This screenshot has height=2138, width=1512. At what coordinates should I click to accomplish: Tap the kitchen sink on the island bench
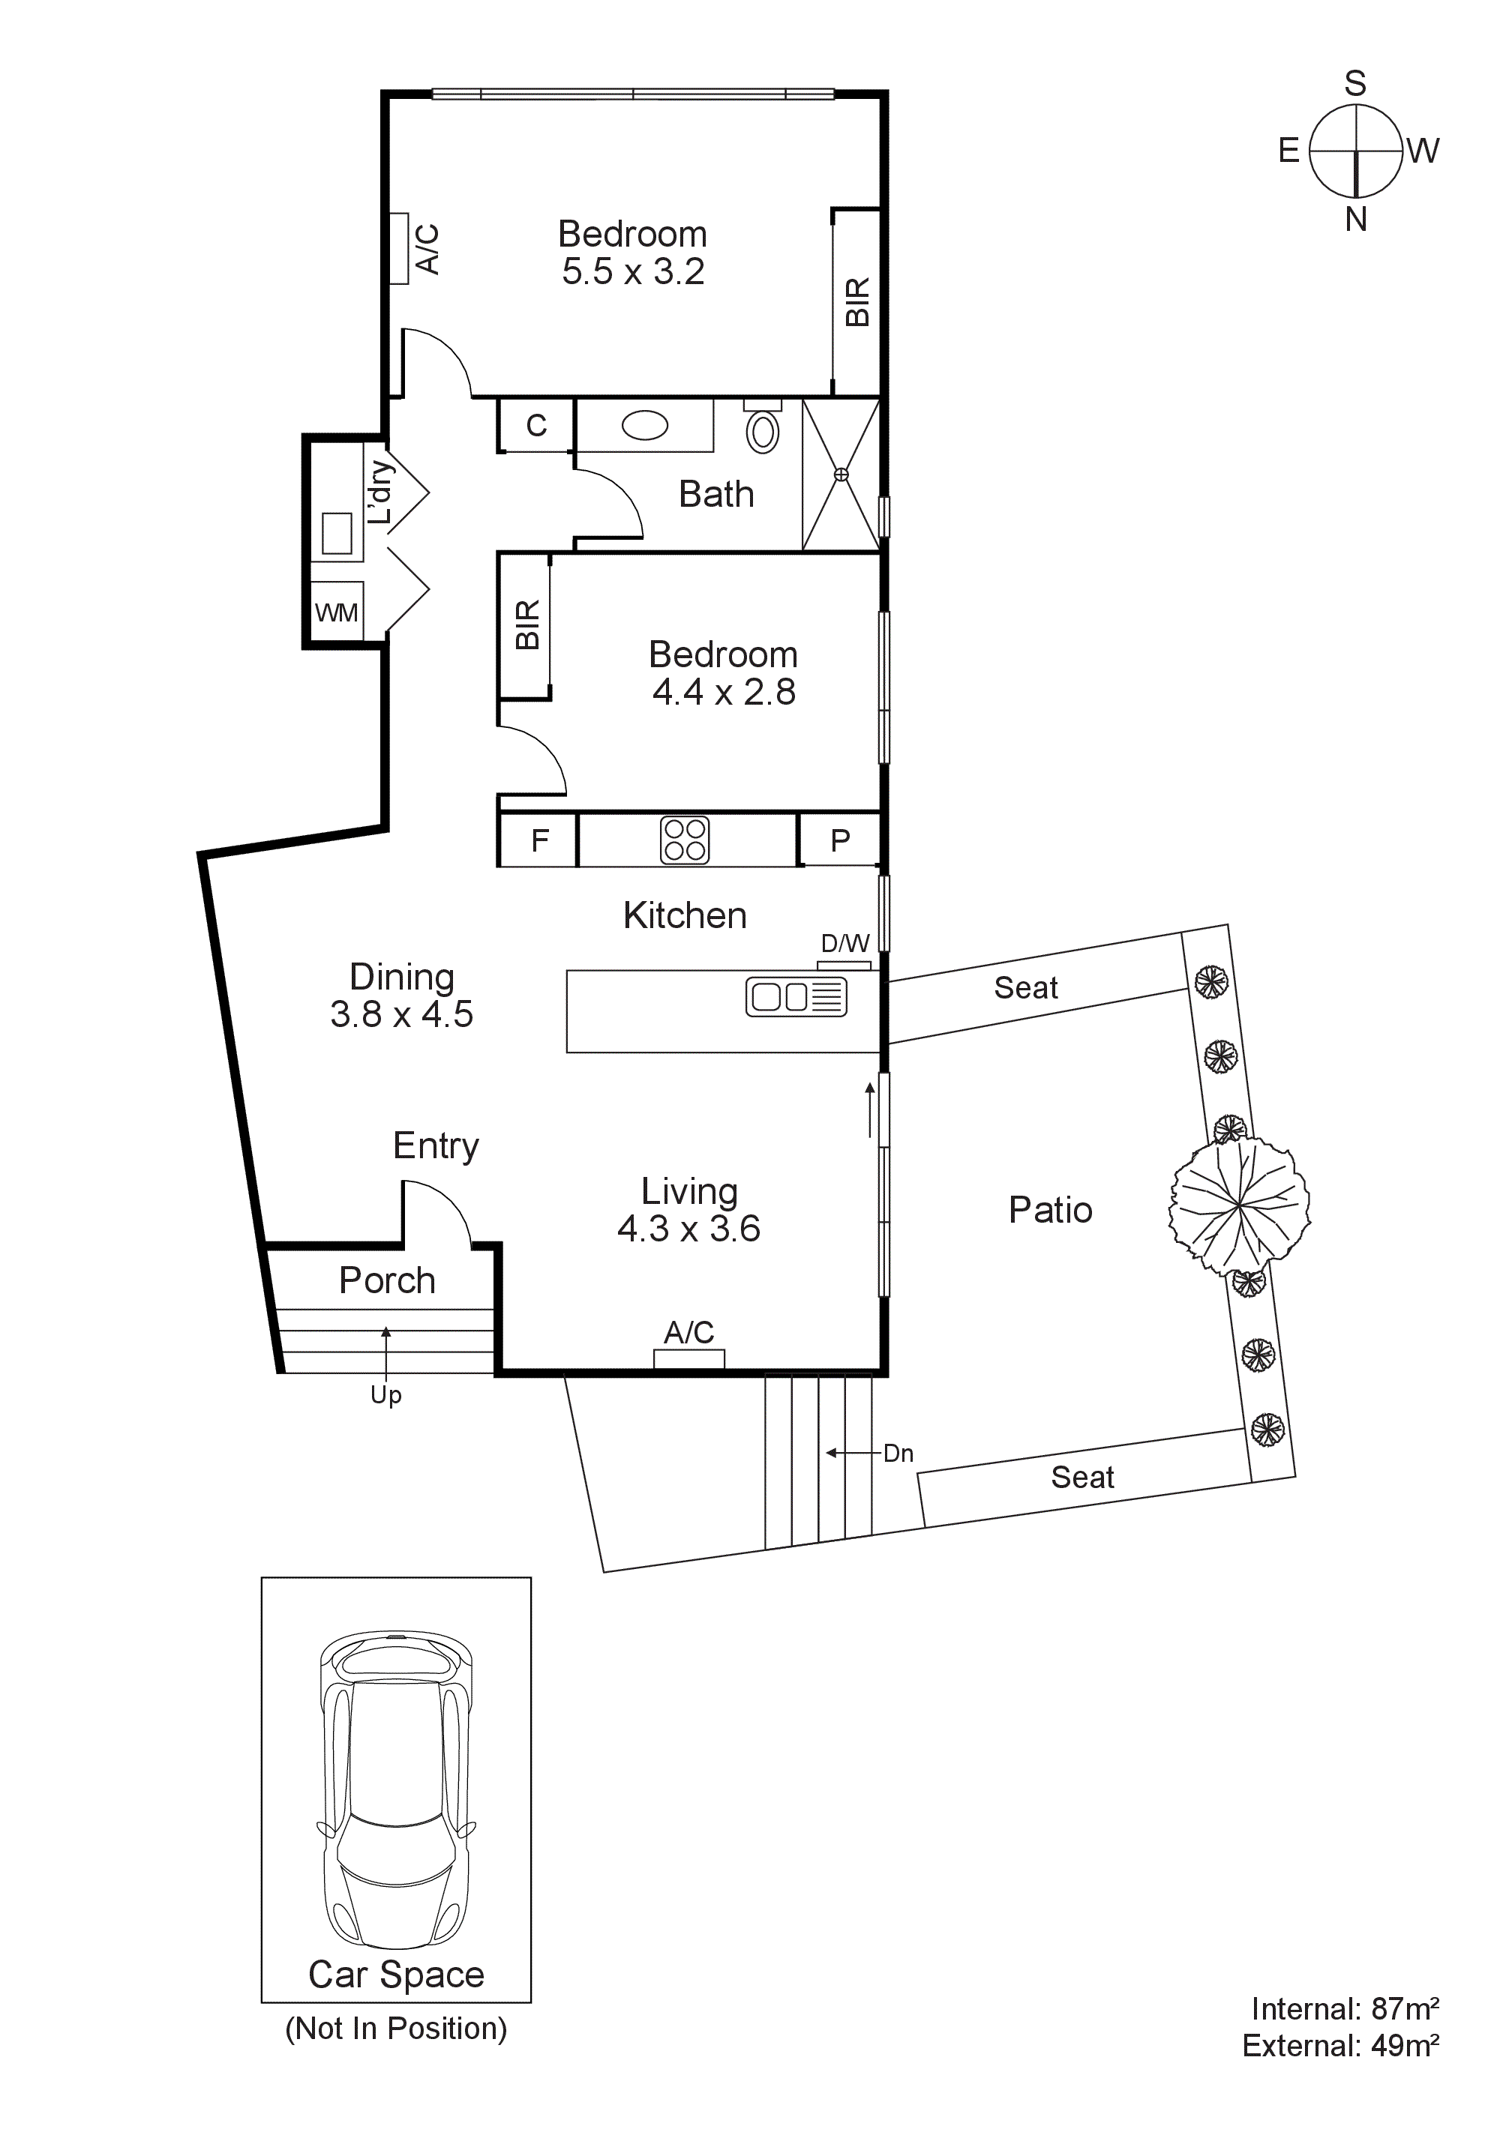point(796,996)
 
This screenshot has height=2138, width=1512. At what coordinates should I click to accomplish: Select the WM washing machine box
point(336,612)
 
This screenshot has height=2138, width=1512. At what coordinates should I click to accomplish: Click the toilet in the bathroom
point(763,430)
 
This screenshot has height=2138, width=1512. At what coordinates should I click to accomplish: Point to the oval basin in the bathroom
point(645,427)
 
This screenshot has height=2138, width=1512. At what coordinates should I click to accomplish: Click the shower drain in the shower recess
point(841,475)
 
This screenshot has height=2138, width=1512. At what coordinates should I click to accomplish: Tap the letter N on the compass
point(1355,220)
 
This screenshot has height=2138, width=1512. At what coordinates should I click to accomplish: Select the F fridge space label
point(539,841)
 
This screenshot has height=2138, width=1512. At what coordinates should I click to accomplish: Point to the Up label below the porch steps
point(385,1395)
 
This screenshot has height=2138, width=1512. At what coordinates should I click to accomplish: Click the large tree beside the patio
point(1239,1206)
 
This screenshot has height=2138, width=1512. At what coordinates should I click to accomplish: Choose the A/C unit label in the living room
point(688,1333)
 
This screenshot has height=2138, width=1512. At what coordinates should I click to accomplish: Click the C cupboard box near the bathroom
point(536,426)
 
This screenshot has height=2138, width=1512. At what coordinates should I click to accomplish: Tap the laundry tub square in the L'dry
point(337,534)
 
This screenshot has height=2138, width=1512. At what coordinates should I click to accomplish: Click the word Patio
point(1050,1210)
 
